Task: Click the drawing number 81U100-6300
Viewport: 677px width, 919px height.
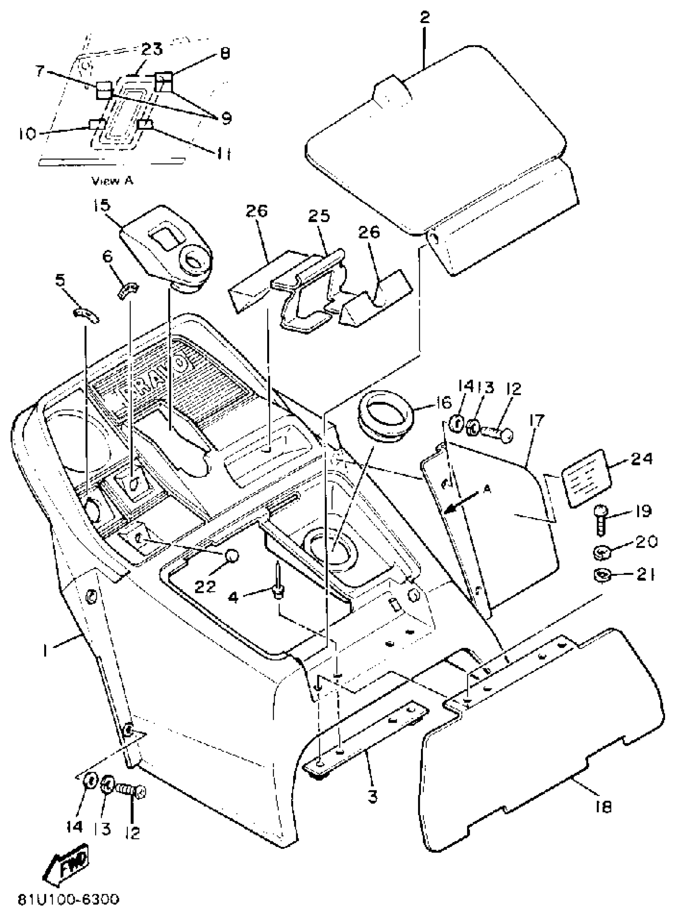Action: [68, 900]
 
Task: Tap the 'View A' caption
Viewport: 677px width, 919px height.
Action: [112, 180]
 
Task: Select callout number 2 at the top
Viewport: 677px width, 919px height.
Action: [425, 18]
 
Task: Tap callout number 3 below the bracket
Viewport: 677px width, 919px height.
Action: [372, 797]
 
